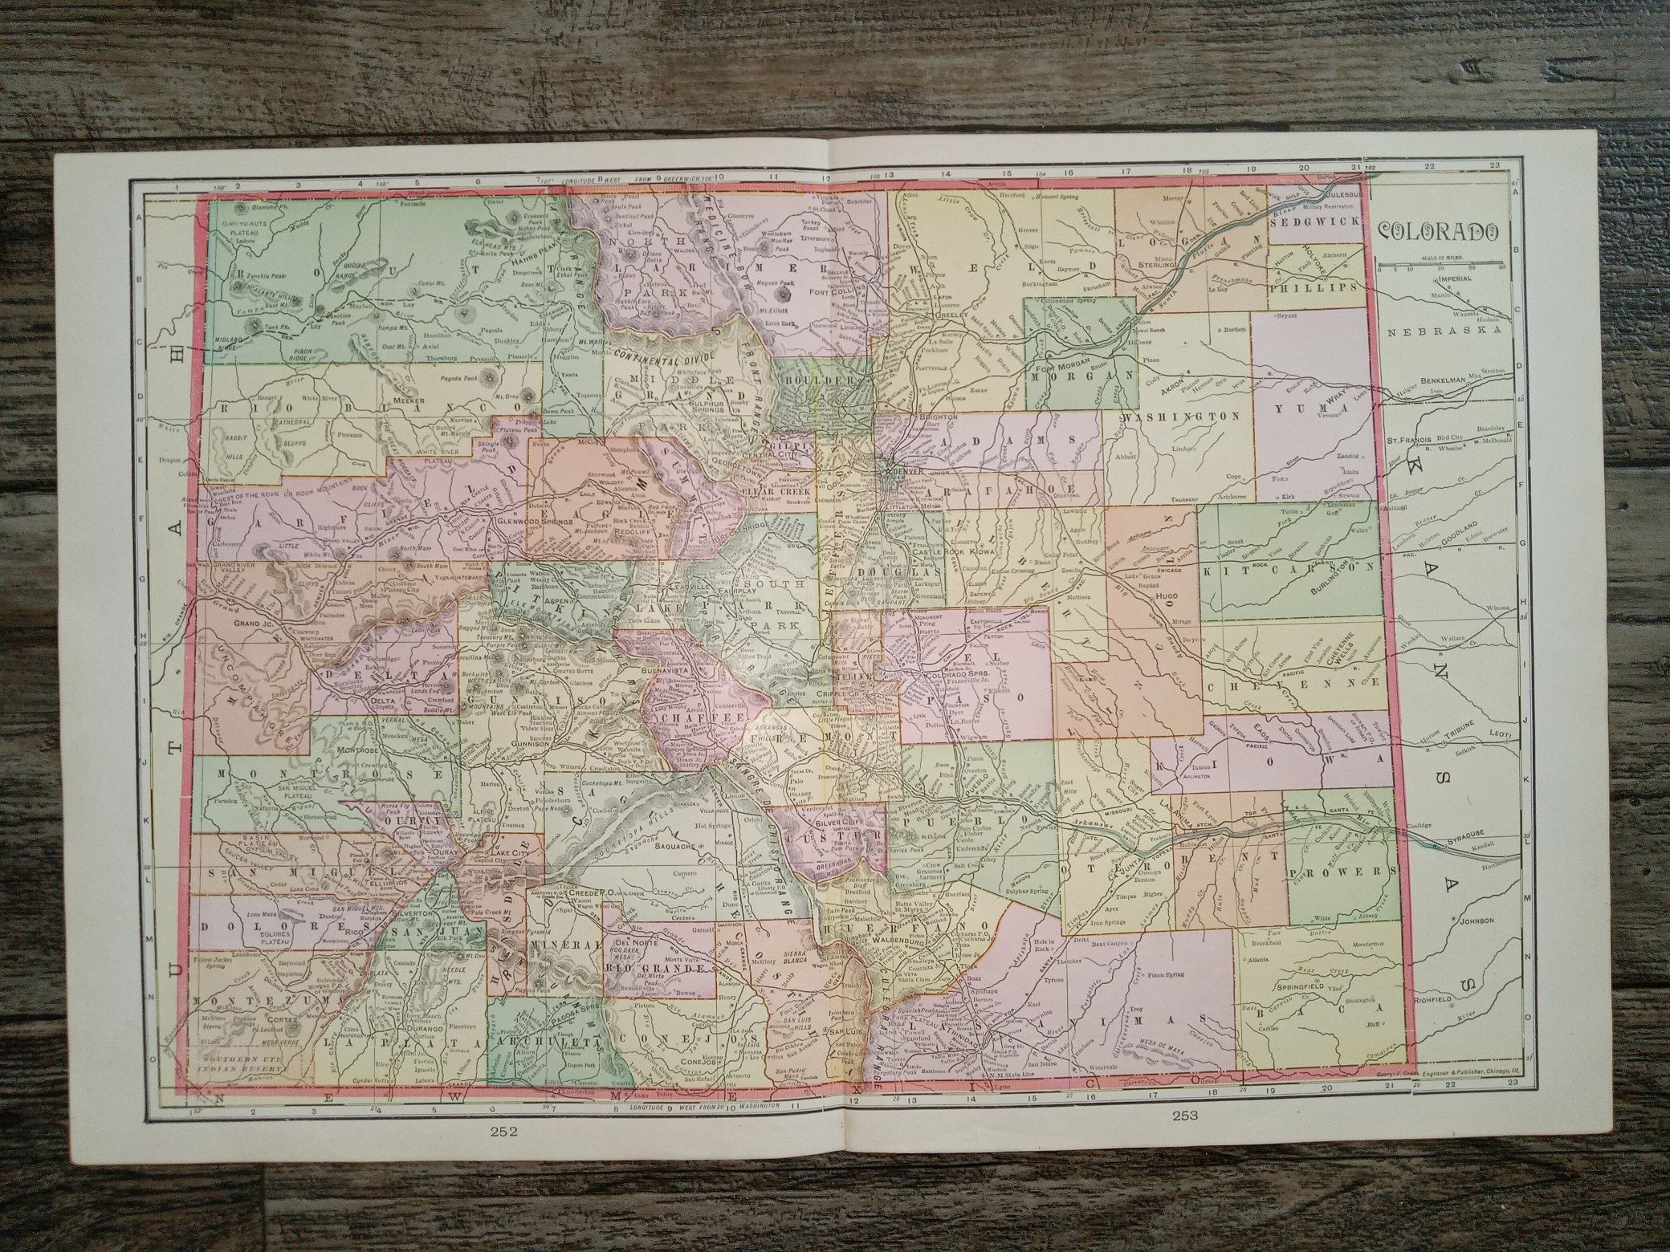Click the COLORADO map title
coord(1438,231)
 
